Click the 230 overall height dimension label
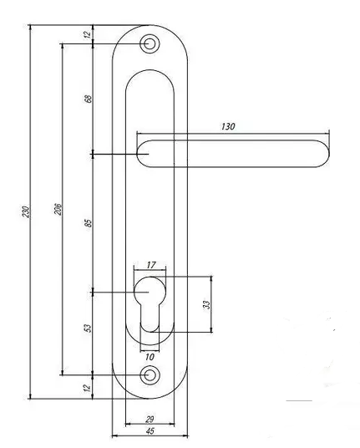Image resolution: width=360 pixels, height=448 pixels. click(26, 211)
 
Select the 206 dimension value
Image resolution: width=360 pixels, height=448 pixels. click(58, 210)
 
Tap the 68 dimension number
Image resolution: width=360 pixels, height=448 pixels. click(89, 99)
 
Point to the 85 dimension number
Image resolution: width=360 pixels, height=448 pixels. click(89, 223)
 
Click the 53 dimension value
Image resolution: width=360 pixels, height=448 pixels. click(89, 328)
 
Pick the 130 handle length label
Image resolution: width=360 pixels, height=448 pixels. click(228, 126)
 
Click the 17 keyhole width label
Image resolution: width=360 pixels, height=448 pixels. click(151, 265)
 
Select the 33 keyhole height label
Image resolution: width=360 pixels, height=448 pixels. click(206, 304)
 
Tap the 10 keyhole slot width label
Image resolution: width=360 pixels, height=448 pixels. click(150, 357)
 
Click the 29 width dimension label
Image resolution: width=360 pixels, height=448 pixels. click(150, 420)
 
